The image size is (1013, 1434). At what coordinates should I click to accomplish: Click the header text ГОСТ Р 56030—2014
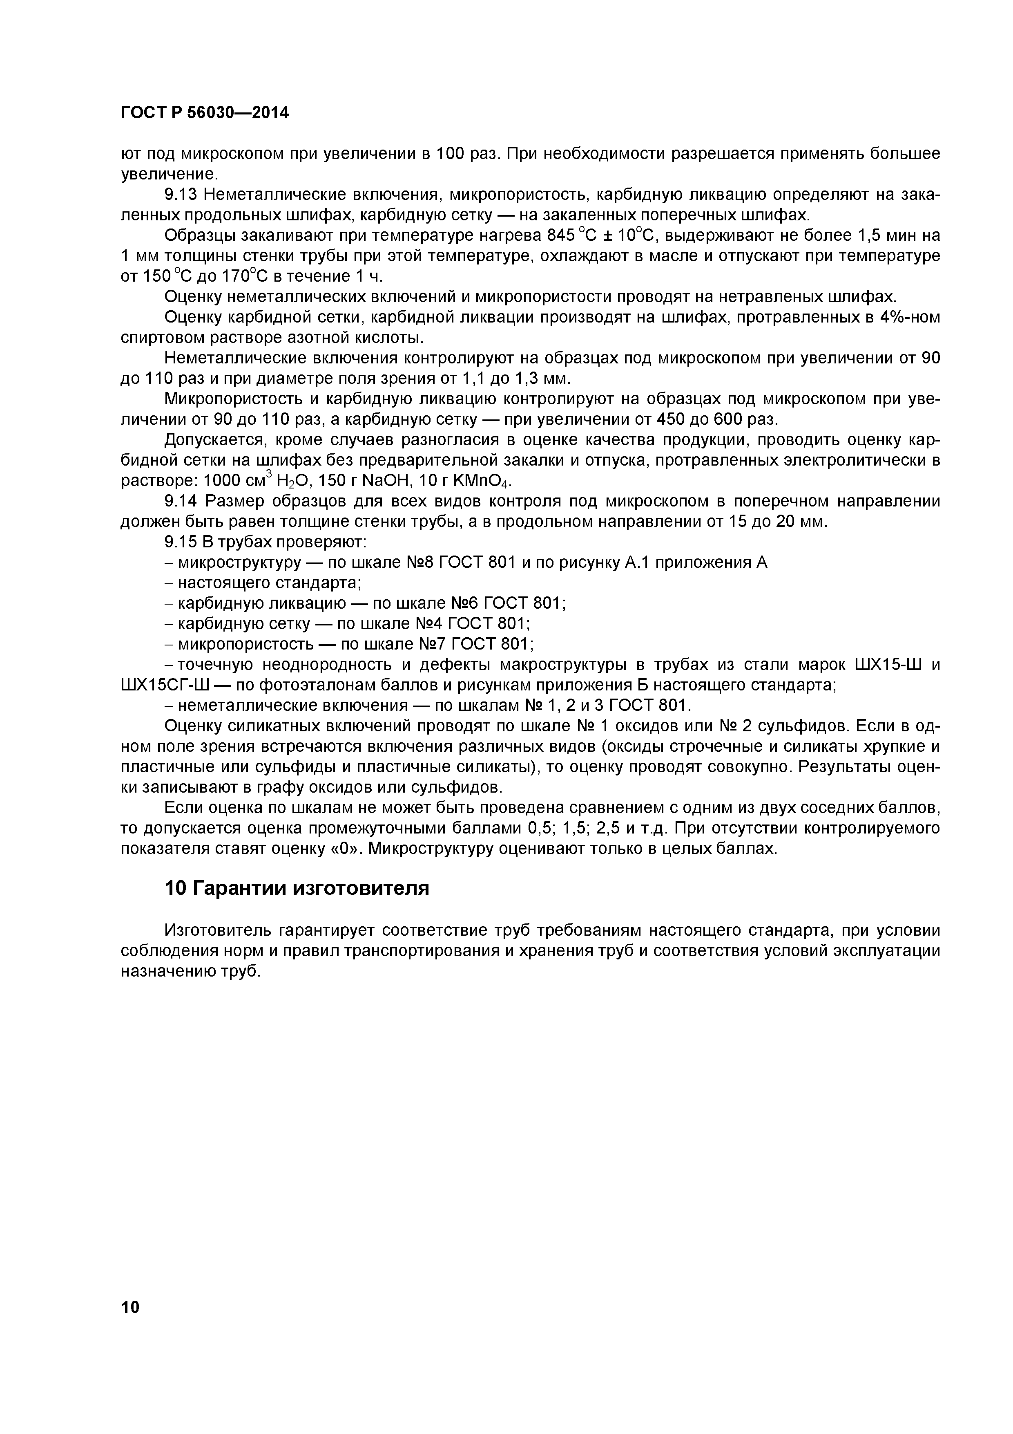point(205,113)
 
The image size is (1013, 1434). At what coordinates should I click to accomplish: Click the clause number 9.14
point(181,501)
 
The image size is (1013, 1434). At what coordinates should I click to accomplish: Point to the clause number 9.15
point(181,542)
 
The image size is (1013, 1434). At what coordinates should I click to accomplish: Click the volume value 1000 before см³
point(226,481)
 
